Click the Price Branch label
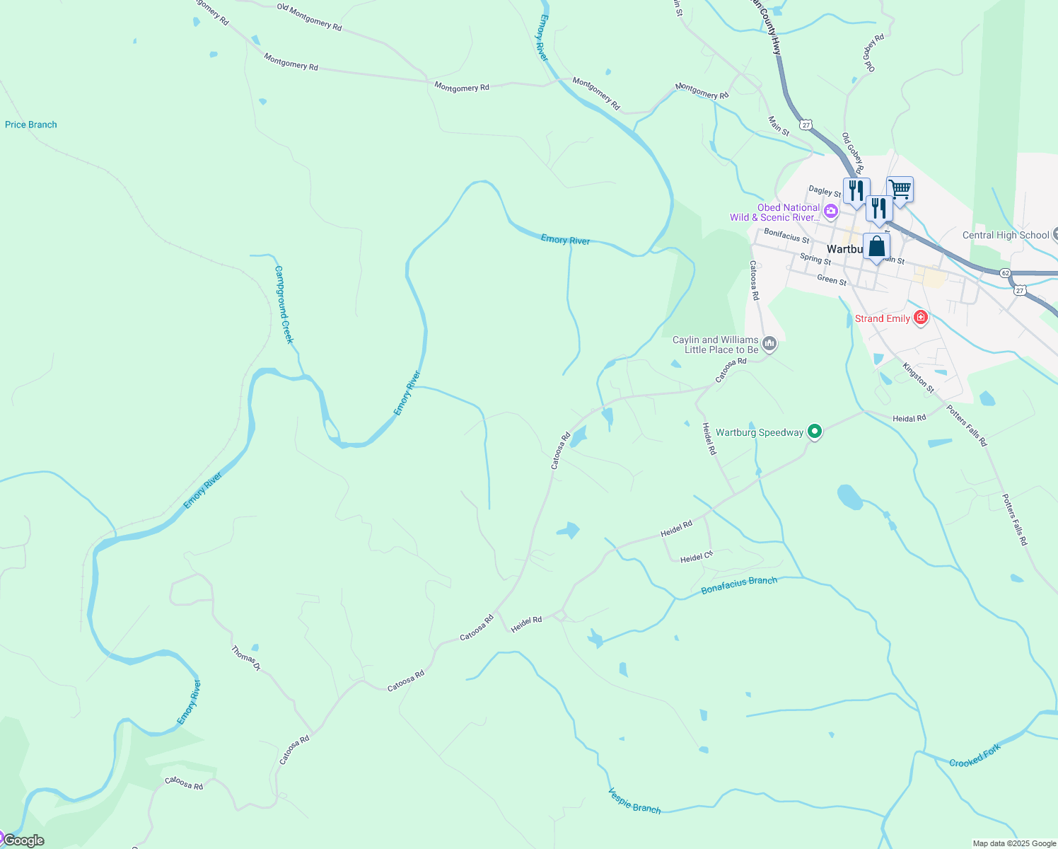coord(31,125)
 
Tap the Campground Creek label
coord(283,304)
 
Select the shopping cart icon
coord(900,189)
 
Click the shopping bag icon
coord(876,247)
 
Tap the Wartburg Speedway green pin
coord(815,431)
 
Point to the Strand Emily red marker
coord(920,318)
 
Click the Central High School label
coord(1006,235)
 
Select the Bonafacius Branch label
coord(739,585)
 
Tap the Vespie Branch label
coord(634,801)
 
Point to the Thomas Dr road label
coord(246,658)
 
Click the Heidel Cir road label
coord(697,558)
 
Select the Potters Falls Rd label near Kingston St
coord(967,425)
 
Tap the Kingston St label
coord(919,378)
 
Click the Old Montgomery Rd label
coord(309,17)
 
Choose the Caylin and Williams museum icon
coord(770,345)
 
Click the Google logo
coord(24,841)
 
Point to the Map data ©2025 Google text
coord(1014,843)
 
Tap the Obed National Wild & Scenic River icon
coord(831,211)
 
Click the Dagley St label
coord(825,191)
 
